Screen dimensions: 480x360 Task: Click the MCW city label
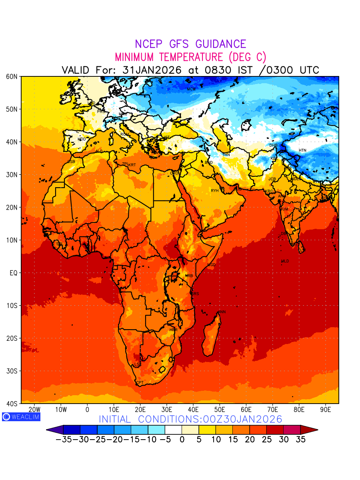191,89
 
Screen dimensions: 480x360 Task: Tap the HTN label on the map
302,150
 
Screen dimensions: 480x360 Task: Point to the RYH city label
215,191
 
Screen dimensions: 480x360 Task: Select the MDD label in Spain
82,139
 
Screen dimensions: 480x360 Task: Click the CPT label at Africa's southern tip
140,383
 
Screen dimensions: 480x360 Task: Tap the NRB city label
189,276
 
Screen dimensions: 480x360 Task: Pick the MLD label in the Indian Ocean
285,261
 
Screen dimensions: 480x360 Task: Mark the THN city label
226,155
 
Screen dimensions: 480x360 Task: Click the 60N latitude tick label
12,76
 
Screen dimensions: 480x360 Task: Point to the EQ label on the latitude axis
13,273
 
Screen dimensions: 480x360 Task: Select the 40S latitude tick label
12,404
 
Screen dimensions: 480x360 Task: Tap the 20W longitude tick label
34,410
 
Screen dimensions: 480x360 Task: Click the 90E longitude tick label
326,410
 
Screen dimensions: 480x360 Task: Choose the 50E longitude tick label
220,410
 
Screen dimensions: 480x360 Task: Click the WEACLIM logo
21,416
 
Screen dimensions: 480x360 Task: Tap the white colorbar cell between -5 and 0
173,430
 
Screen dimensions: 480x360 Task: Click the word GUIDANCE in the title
218,44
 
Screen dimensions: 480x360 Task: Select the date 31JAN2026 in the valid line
152,70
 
